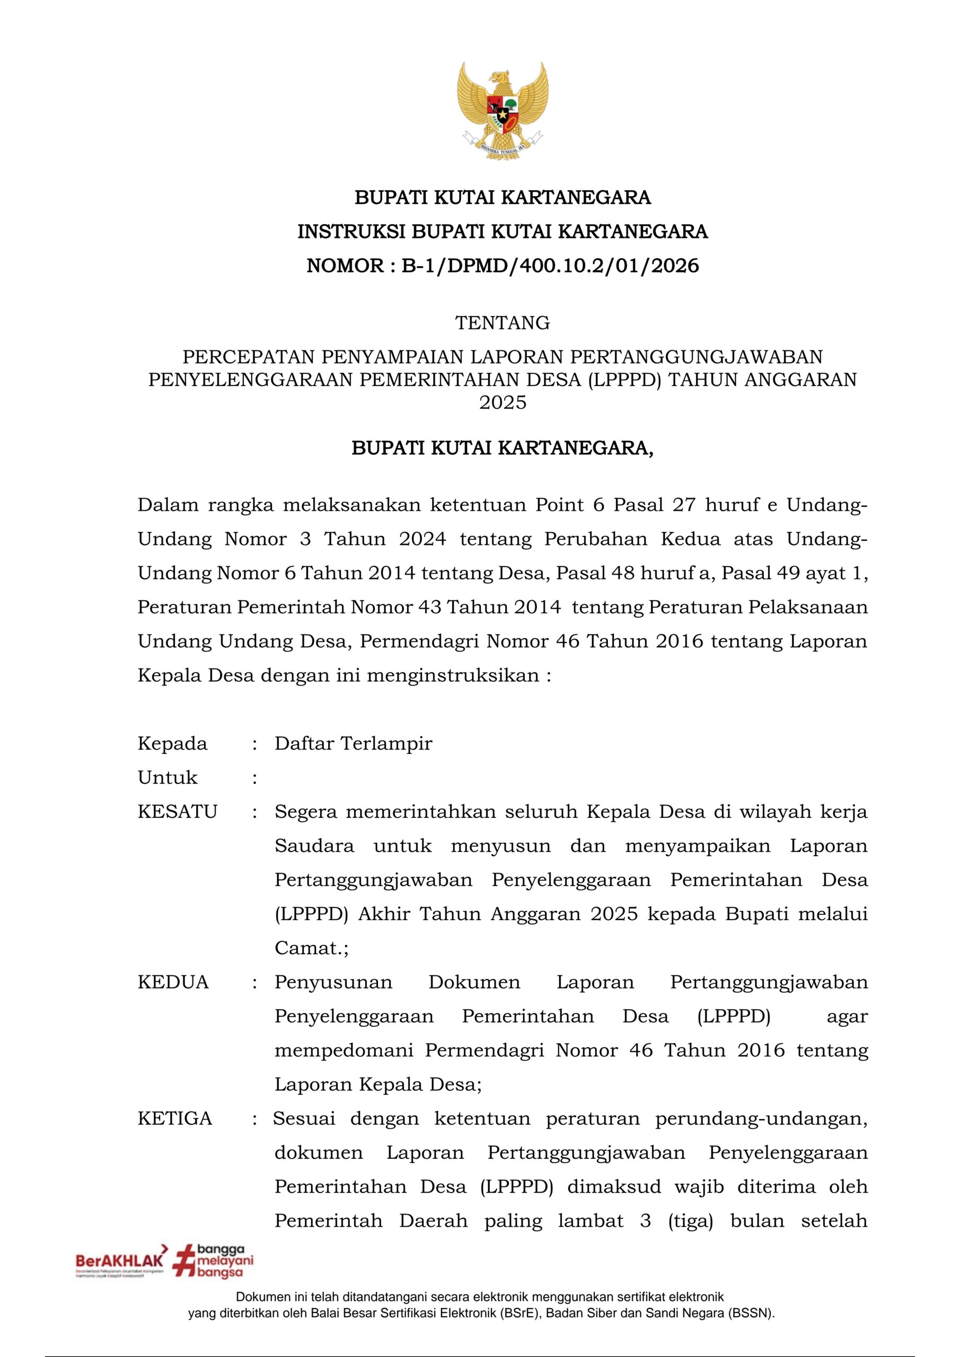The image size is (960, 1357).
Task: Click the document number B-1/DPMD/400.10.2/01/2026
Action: point(550,266)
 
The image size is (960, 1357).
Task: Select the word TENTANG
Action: point(503,323)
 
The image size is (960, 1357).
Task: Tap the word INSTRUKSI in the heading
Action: point(350,232)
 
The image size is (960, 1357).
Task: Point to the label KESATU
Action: point(178,812)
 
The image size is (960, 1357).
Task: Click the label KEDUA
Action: point(173,982)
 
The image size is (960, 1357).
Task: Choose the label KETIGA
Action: point(175,1119)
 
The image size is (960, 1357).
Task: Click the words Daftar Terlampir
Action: point(354,744)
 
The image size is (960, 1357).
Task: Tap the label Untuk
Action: point(168,778)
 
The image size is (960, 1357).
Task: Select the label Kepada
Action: point(173,744)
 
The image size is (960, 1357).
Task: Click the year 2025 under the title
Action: point(503,402)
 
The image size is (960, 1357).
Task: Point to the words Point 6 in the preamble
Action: point(569,505)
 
